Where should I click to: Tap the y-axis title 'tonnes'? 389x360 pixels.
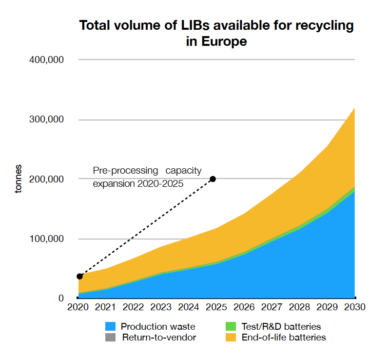tap(18, 179)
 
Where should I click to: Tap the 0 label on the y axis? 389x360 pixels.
tap(61, 298)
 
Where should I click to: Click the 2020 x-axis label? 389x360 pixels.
tap(78, 308)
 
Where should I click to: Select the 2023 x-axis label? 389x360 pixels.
tap(161, 308)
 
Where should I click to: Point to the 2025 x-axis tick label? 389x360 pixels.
tap(216, 308)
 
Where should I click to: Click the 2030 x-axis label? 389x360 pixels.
tap(354, 308)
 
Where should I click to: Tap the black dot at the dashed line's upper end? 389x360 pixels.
tap(213, 179)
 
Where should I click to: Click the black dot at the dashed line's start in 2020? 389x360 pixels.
tap(80, 277)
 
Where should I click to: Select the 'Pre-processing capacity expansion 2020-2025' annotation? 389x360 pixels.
tap(147, 177)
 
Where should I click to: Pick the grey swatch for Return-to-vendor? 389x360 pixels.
tap(111, 338)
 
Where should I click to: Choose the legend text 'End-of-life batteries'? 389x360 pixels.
tap(284, 338)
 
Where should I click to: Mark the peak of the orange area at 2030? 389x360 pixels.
tap(354, 108)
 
